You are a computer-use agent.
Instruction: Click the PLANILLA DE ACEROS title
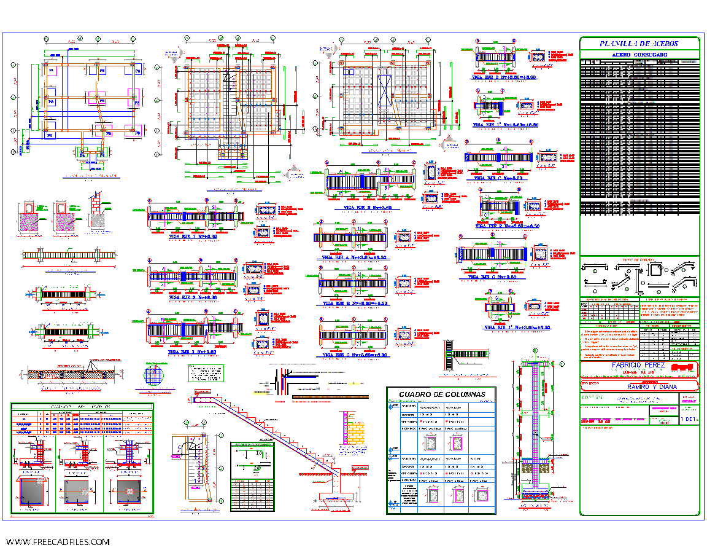pos(639,44)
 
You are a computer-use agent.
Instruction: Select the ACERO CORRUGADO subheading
pos(639,55)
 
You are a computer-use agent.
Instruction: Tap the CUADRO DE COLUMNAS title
pos(441,394)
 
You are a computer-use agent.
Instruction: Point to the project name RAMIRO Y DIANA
pos(639,387)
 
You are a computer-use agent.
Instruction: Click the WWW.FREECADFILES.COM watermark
pos(58,542)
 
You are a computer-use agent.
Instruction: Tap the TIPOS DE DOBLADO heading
pos(639,261)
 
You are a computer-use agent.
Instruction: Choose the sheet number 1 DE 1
pos(689,418)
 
